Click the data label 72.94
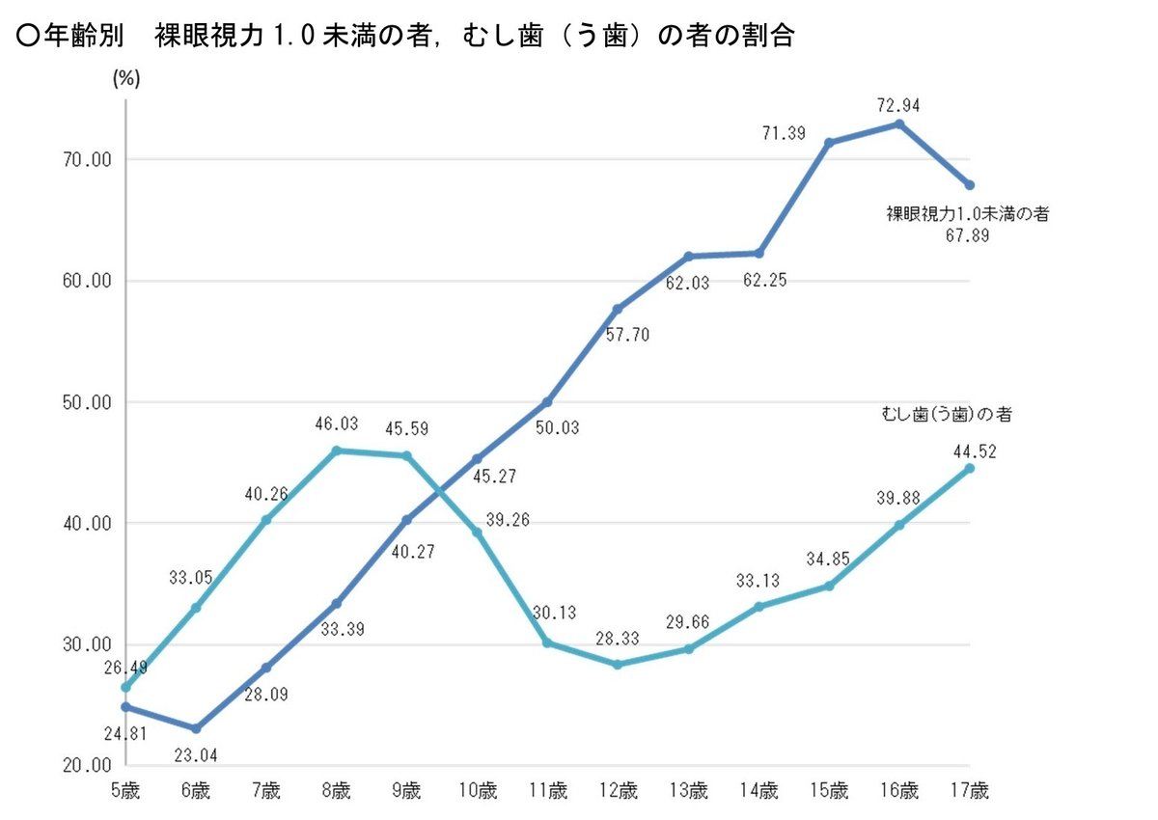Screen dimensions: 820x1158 [899, 105]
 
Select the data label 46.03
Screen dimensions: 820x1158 [336, 424]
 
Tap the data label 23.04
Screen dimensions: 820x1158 [196, 754]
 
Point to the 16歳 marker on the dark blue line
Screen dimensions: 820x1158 [899, 123]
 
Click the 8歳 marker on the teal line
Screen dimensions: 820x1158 [336, 451]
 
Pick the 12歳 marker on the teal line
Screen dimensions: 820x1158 [618, 665]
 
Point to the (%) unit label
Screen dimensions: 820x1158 [126, 79]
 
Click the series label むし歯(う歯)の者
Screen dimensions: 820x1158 [946, 414]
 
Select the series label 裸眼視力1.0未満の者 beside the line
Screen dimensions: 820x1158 [968, 214]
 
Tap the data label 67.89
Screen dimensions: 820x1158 [968, 237]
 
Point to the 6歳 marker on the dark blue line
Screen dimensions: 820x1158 [196, 728]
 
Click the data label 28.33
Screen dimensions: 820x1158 [618, 637]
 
